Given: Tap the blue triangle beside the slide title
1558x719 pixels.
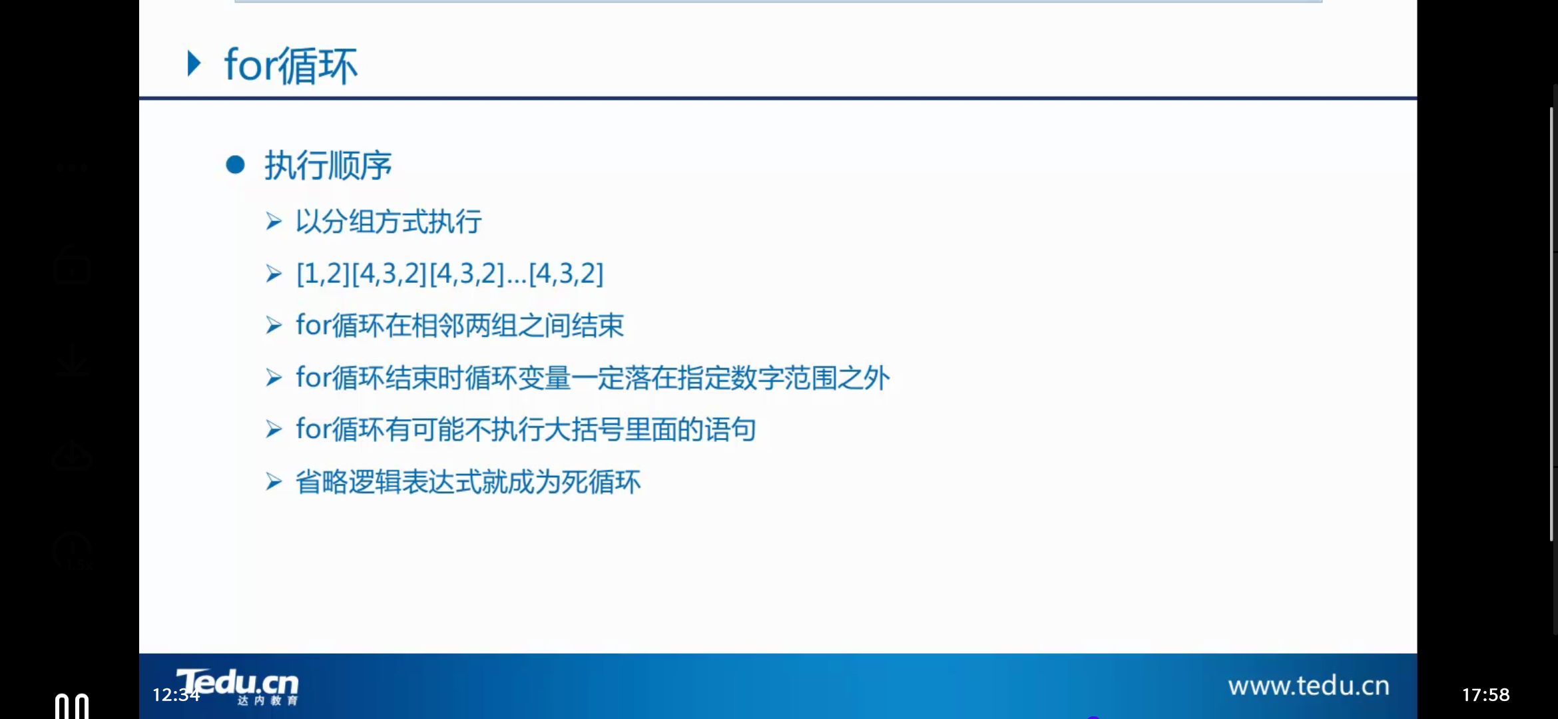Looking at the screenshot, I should click(x=194, y=64).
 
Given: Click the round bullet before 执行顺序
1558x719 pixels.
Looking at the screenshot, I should click(x=235, y=164).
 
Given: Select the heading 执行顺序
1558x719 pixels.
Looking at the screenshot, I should click(x=328, y=165).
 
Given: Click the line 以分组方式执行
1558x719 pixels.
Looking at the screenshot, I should click(x=388, y=221).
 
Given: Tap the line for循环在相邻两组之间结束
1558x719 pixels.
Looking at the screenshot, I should click(x=459, y=326).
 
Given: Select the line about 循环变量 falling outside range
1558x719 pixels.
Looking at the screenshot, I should click(x=593, y=377).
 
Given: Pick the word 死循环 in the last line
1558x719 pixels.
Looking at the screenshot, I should click(x=601, y=482).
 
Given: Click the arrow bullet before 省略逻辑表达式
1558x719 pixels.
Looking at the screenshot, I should click(x=274, y=481).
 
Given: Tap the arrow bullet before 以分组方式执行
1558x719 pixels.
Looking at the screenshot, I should click(x=274, y=221).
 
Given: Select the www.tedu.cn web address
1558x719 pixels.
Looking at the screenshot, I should click(x=1308, y=686).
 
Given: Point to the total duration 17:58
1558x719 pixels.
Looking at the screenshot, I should click(x=1485, y=695).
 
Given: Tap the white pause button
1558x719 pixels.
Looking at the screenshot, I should click(x=71, y=706).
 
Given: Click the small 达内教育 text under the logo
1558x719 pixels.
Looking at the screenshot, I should click(x=267, y=700).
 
